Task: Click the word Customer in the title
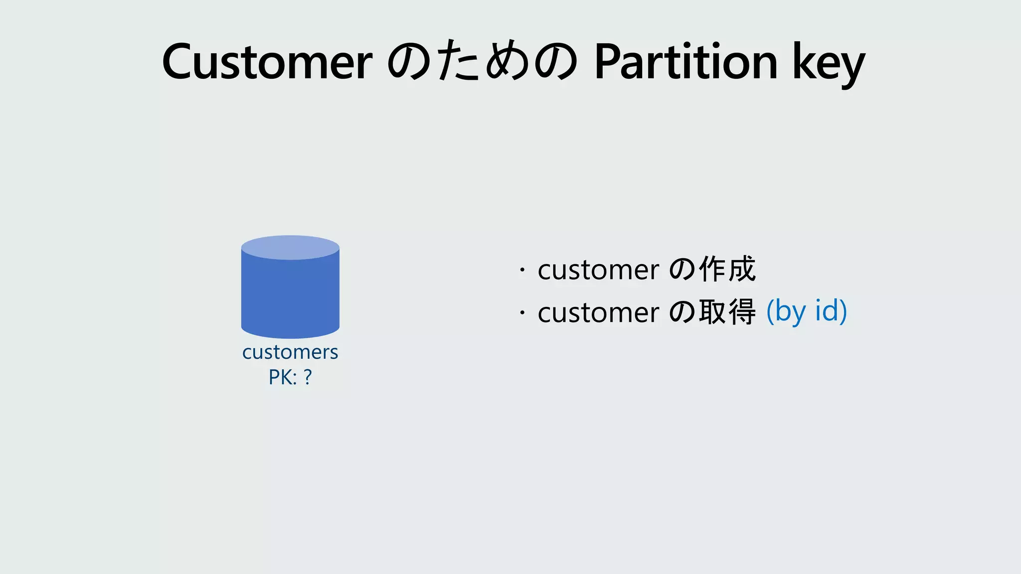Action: [x=267, y=62]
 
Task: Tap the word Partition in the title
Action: [x=686, y=62]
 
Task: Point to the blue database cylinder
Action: [x=290, y=294]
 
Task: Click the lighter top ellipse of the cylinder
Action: [x=290, y=247]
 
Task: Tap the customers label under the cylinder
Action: [x=290, y=352]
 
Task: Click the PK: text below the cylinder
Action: [x=282, y=378]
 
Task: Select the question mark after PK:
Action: [x=308, y=378]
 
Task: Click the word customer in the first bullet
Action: [x=598, y=270]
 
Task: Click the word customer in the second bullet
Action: [x=598, y=313]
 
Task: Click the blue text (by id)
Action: [x=806, y=311]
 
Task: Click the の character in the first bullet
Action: [x=681, y=270]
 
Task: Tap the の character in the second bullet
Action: [x=681, y=313]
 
